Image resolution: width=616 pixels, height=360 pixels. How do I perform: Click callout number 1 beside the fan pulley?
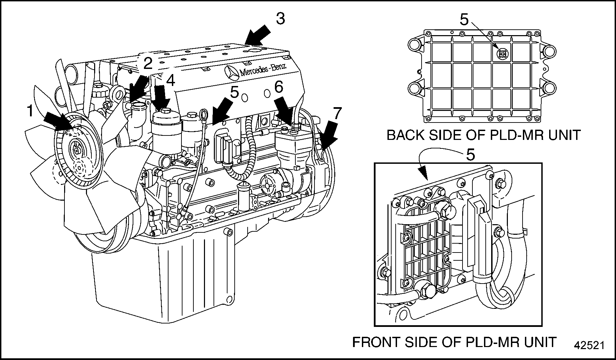pyautogui.click(x=30, y=111)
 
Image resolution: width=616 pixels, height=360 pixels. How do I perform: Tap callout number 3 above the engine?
pyautogui.click(x=280, y=19)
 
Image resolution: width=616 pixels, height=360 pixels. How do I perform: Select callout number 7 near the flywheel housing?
pyautogui.click(x=337, y=113)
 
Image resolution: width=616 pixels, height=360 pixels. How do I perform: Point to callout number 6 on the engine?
pyautogui.click(x=279, y=87)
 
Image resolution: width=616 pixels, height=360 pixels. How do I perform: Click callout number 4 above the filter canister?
pyautogui.click(x=170, y=81)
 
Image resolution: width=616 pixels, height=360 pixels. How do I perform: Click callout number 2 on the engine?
pyautogui.click(x=147, y=64)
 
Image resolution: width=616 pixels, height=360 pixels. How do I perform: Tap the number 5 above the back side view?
pyautogui.click(x=464, y=20)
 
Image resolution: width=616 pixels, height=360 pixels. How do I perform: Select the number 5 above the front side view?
pyautogui.click(x=470, y=155)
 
